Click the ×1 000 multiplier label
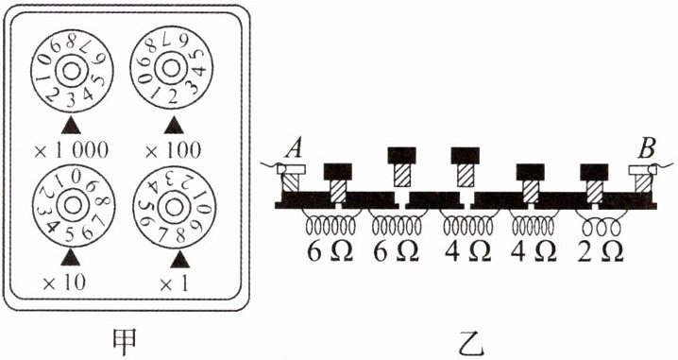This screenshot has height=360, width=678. point(72,151)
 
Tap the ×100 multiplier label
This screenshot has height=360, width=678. point(174,151)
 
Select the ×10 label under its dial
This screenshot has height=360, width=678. point(64,283)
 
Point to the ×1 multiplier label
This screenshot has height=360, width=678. point(174,283)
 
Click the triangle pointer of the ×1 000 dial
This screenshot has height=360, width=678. point(72,126)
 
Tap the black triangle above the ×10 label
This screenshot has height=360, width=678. point(71,258)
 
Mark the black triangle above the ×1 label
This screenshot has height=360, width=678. point(179,261)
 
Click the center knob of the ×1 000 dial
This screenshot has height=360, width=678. point(70,72)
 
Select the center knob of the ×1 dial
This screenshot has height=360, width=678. point(174,208)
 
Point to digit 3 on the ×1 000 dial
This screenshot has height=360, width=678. point(71,99)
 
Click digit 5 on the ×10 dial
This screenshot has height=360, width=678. point(70,234)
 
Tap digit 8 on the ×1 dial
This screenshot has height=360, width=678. point(180,236)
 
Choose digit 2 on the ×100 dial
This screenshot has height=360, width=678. point(173,97)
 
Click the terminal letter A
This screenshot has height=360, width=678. point(294,151)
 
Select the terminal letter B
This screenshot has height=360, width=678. point(647,151)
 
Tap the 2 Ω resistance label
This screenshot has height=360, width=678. point(600,252)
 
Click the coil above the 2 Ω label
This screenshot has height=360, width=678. point(601,225)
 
